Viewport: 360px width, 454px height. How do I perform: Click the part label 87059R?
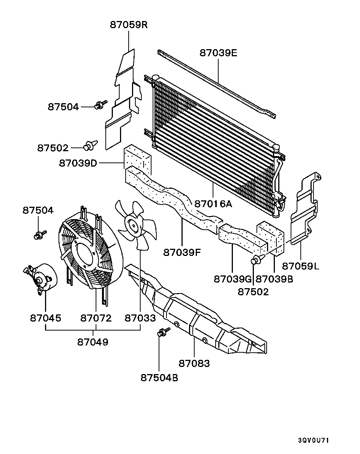(x=129, y=25)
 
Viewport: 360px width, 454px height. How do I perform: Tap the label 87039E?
(x=218, y=53)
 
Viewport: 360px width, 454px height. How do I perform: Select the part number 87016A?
(x=213, y=204)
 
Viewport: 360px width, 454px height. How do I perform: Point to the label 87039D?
(x=78, y=163)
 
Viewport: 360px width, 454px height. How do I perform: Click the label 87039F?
(x=182, y=252)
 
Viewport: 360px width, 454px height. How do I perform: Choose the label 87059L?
(x=301, y=266)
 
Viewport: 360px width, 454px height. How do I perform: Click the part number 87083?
(x=194, y=363)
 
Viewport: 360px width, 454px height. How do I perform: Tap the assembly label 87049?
(x=93, y=342)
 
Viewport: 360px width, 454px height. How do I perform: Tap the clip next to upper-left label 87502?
(x=91, y=145)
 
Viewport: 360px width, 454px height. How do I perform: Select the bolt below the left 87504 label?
(x=40, y=235)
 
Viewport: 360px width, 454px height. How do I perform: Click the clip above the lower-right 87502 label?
(x=258, y=259)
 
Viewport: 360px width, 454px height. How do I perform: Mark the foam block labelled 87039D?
(x=137, y=160)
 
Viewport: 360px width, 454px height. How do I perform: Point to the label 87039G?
(x=232, y=279)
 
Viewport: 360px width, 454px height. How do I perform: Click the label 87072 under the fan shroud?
(x=96, y=318)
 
